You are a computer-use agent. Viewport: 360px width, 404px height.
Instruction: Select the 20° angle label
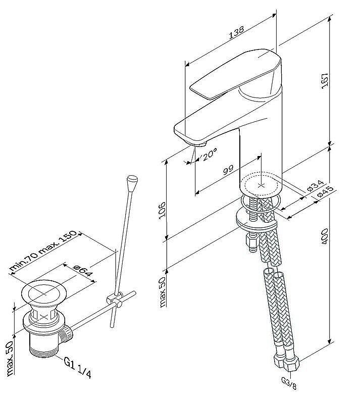coord(208,151)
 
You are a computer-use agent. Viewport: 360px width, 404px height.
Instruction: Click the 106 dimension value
coord(161,210)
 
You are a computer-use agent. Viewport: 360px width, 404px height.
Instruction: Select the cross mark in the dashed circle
coord(261,185)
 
